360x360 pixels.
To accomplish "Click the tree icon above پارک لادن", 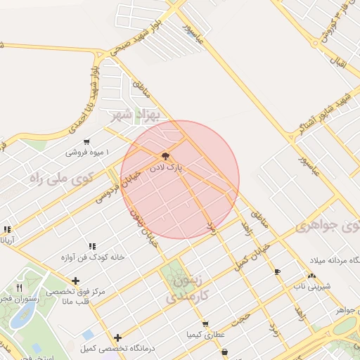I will pos(165,156).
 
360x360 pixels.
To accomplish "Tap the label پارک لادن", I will pos(165,169).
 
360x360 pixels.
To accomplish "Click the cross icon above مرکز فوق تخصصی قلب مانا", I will pos(75,281).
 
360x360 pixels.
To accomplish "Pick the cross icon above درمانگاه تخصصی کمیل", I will pos(117,337).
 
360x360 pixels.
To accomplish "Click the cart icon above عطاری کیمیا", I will pos(205,324).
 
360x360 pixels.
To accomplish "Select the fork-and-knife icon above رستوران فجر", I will pos(20,288).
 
